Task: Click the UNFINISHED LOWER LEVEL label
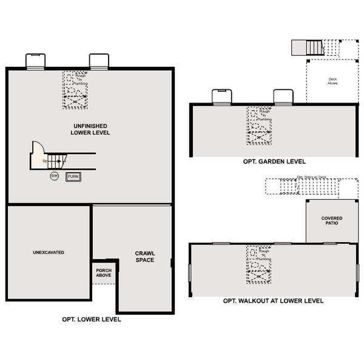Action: (x=90, y=129)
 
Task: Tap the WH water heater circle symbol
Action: (x=55, y=176)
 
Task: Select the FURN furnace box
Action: (x=73, y=177)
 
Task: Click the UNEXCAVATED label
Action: (x=49, y=252)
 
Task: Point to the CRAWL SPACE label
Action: (x=145, y=257)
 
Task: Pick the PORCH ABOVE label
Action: (x=103, y=272)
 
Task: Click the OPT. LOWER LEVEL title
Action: (x=92, y=319)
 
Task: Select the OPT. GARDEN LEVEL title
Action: (x=272, y=162)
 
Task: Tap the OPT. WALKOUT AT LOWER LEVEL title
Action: (x=273, y=301)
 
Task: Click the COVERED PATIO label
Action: (x=331, y=221)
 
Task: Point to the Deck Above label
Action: (x=332, y=80)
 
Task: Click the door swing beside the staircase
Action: (x=38, y=150)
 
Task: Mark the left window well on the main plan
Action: (x=36, y=61)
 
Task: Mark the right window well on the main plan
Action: (x=99, y=61)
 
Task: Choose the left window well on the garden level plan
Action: (x=221, y=96)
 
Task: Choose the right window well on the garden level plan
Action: (x=283, y=96)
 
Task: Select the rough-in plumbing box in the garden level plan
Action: (x=259, y=126)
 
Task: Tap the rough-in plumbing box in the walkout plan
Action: (x=259, y=265)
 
